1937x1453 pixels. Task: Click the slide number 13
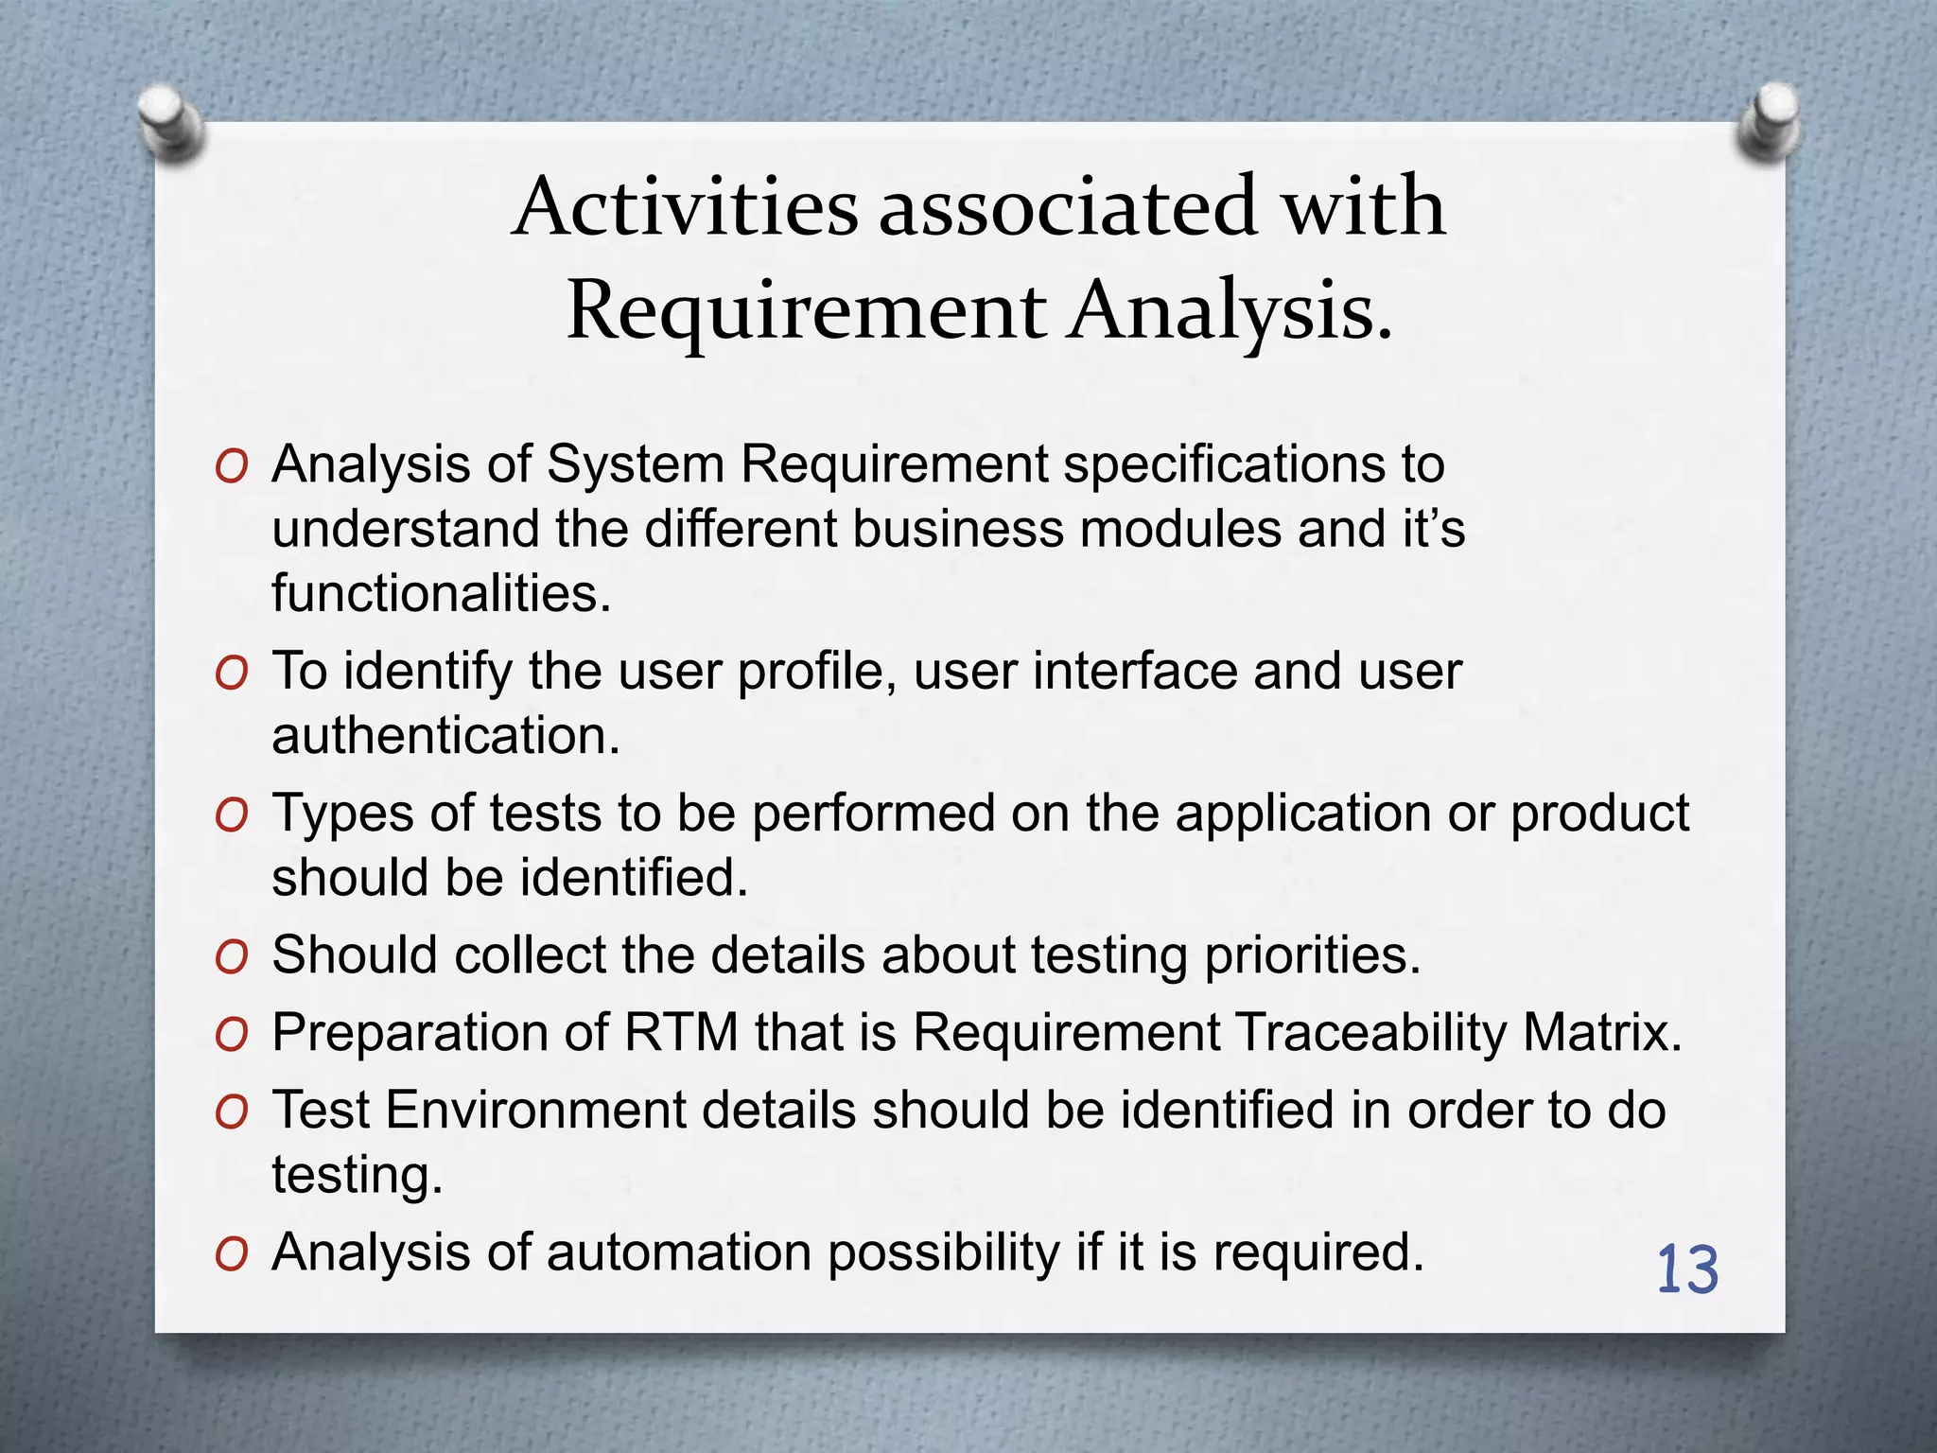point(1686,1270)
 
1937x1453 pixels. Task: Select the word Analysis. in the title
point(1231,311)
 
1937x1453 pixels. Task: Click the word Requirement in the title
point(806,311)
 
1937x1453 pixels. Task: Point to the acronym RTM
point(681,1032)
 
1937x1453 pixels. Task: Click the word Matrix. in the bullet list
point(1602,1032)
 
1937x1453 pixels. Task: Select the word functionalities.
point(442,593)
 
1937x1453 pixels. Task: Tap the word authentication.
point(445,735)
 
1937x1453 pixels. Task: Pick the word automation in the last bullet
point(678,1252)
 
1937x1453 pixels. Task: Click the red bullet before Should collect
point(231,957)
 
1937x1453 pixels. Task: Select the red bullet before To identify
point(231,674)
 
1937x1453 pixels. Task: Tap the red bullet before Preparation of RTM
point(231,1035)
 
